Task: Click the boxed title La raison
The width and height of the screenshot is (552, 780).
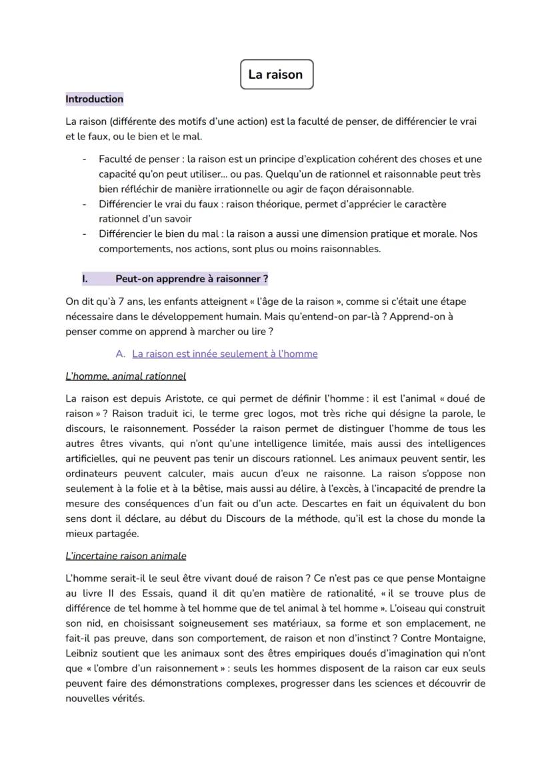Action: point(275,75)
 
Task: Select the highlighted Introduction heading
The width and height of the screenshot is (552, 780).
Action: point(94,99)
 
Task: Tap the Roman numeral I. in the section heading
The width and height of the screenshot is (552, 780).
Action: point(85,278)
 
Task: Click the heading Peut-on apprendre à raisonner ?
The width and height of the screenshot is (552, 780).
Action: point(191,278)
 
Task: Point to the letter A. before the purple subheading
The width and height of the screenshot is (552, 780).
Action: point(121,354)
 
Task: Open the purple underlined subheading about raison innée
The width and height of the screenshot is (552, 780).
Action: point(225,354)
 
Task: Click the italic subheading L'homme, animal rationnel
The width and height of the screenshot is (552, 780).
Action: point(125,376)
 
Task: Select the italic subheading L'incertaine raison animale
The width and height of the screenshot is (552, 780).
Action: point(125,555)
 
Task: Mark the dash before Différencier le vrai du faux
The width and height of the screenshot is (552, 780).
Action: point(85,204)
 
